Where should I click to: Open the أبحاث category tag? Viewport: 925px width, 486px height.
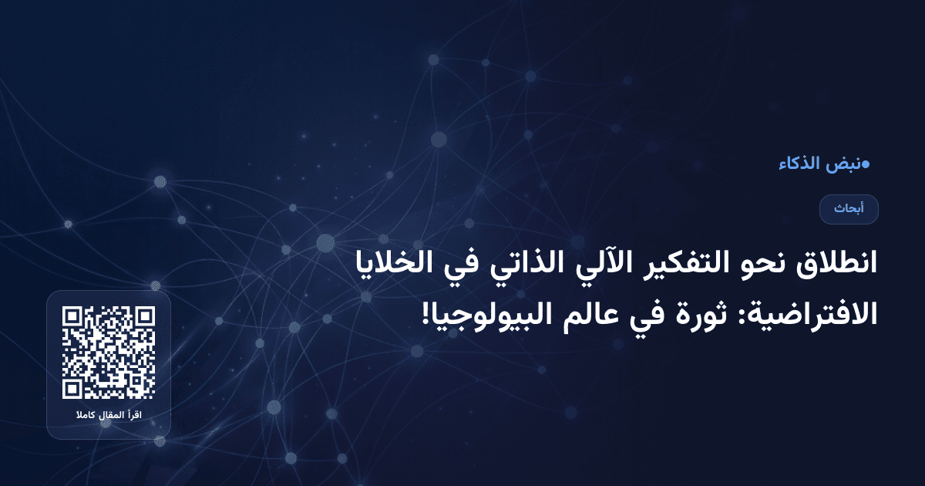(x=849, y=209)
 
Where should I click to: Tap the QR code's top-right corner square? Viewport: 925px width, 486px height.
(x=143, y=318)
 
